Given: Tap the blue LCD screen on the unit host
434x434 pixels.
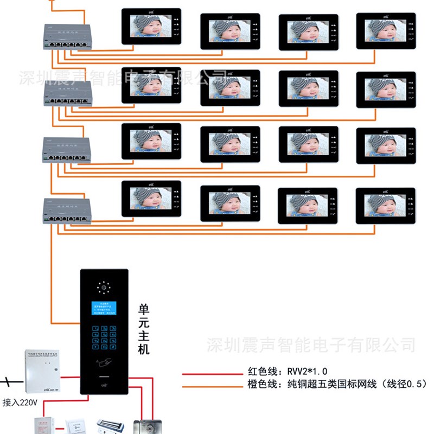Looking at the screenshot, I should (104, 309).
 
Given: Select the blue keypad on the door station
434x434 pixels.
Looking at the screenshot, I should (104, 338).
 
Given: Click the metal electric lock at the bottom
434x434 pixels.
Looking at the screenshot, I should (148, 425).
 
